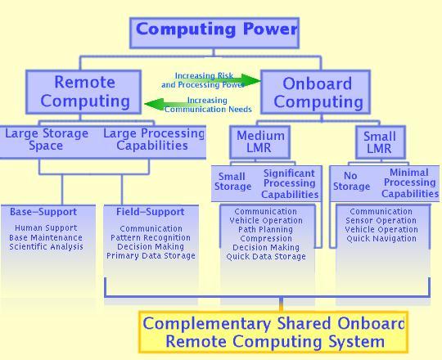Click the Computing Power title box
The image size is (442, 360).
coord(214,33)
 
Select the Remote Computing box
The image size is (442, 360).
coord(83,92)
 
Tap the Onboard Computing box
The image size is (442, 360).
coord(315,92)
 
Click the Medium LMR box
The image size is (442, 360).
coord(259,142)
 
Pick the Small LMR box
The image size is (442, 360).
coord(381,142)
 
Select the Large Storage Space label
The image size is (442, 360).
coord(47,139)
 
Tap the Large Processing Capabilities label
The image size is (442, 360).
coord(154,139)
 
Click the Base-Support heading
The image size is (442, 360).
coord(43,212)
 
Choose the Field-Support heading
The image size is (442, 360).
coord(151,212)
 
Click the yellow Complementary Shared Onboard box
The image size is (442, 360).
coord(273,332)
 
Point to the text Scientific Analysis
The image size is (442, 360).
coord(46,247)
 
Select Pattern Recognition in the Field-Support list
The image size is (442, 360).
coord(151,238)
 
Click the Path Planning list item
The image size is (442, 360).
coord(265,230)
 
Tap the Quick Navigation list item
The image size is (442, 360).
coord(381,239)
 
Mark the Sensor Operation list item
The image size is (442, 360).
coord(381,221)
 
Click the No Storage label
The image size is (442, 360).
coord(351,181)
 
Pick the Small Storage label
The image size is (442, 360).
coord(232,182)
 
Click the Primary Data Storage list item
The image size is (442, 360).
coord(151,256)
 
